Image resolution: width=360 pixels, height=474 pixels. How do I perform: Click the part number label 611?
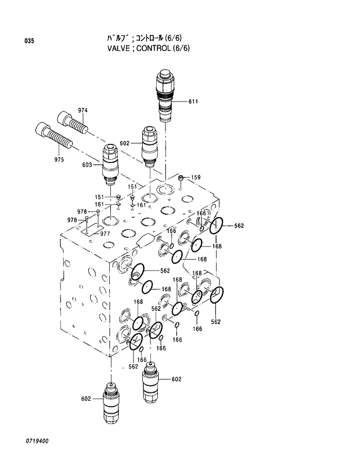point(193,102)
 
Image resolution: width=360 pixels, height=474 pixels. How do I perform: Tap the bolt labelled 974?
point(72,122)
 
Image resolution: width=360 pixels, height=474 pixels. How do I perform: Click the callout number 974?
point(83,110)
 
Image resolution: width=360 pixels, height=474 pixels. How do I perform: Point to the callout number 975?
point(59,159)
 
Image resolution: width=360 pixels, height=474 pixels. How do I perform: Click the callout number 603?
point(87,165)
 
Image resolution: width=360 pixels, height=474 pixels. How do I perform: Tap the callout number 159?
point(196,177)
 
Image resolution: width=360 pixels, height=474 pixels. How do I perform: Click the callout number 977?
point(105,234)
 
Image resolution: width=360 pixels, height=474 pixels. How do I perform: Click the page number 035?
point(30,41)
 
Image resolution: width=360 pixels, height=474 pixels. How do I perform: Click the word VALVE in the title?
point(118,48)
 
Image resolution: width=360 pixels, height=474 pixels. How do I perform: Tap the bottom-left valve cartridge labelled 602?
point(111,400)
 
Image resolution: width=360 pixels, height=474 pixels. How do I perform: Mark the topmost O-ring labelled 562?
point(217,226)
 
